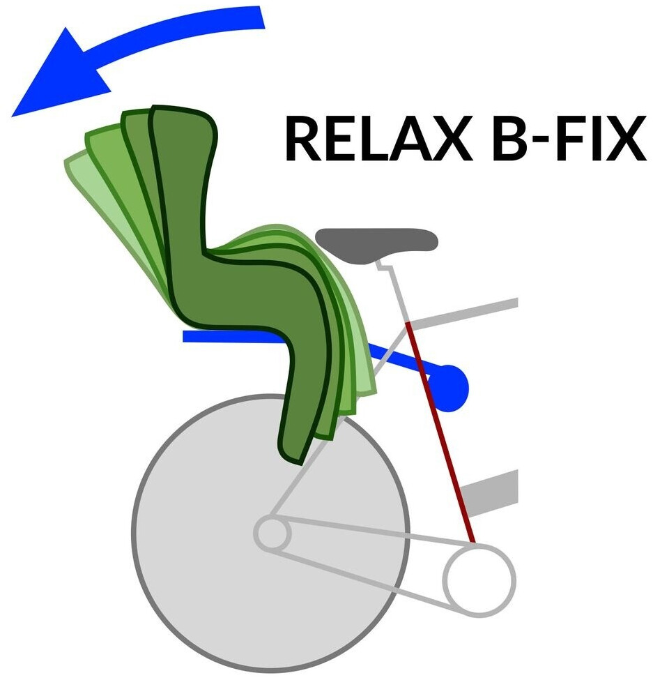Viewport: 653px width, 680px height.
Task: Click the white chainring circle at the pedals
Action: pyautogui.click(x=479, y=579)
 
